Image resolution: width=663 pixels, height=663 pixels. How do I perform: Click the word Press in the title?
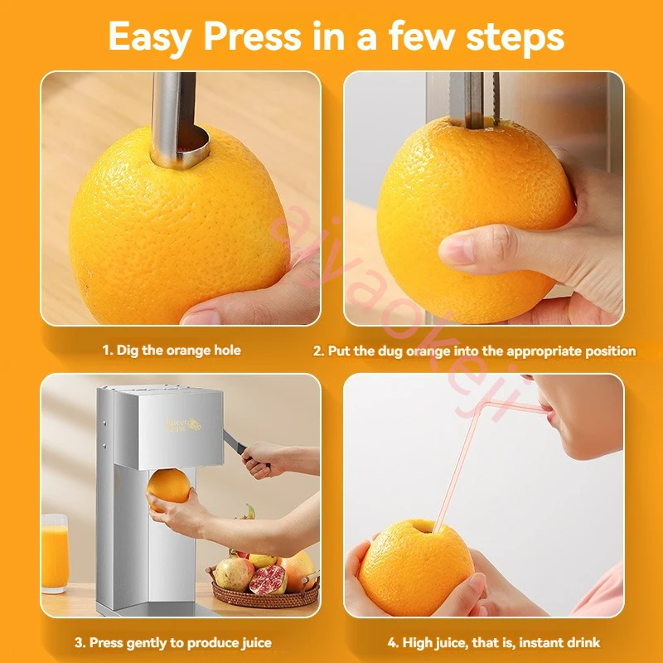(253, 36)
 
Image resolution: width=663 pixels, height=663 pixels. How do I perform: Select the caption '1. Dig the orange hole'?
(172, 351)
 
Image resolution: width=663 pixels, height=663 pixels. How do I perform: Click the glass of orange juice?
(55, 553)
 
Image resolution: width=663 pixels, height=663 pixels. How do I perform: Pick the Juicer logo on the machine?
(183, 423)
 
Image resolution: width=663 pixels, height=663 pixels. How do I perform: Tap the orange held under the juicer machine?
(169, 488)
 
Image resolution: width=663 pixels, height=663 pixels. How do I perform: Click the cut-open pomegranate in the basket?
(268, 579)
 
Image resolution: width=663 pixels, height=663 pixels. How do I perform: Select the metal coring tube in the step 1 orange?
(176, 121)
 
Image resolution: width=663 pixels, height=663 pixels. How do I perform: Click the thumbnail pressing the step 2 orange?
(455, 249)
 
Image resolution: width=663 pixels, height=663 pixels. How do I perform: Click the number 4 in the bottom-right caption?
(392, 643)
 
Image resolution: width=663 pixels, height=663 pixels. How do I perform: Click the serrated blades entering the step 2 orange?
(474, 99)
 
